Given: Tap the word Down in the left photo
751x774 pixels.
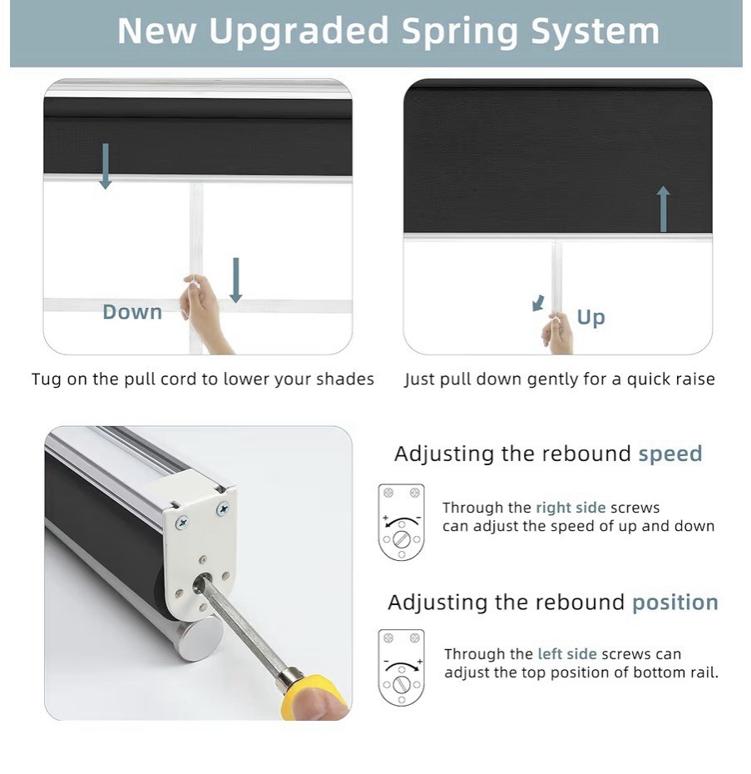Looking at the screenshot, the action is coord(132,312).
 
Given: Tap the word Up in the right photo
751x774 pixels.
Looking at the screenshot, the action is coord(590,317).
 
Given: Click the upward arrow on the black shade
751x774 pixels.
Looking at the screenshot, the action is coord(663,209).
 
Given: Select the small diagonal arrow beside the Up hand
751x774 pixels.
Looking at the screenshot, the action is coord(538,303).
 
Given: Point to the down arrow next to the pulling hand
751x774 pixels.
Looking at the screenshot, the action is coord(236,280).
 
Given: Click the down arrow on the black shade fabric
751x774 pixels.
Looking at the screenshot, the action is coord(105,166).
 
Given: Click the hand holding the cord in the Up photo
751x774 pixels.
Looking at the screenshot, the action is coord(557,334).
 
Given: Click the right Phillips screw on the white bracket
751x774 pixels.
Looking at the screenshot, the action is coord(223,508).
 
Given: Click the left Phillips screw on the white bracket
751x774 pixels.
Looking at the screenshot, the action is coord(182,523).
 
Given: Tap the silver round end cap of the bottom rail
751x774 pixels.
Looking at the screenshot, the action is coord(200,638).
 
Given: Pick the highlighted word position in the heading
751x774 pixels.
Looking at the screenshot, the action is coord(675,603).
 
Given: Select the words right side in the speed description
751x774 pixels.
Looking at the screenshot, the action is coord(571,508).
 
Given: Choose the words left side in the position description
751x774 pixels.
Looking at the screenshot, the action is coord(567,654).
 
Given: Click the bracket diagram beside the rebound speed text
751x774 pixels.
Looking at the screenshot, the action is coord(401,523).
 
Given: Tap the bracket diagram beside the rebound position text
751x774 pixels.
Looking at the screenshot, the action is coord(401,667).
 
